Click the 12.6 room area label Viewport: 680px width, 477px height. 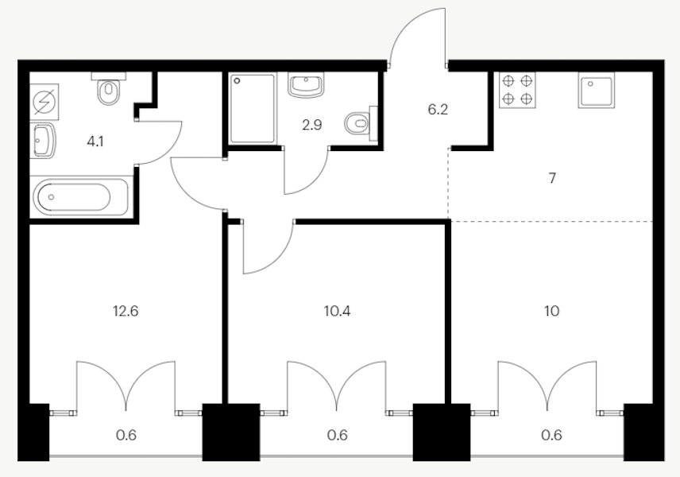(x=127, y=311)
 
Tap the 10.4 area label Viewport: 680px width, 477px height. (x=338, y=311)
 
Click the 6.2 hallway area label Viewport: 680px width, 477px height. (x=438, y=111)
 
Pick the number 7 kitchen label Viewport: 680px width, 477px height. (x=552, y=178)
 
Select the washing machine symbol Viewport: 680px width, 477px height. (x=44, y=103)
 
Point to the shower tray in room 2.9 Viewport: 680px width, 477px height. (x=253, y=109)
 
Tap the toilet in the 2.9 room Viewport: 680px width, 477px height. (x=360, y=122)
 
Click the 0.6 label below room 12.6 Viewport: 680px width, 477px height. (x=127, y=434)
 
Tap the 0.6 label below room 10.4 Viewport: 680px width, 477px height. (x=338, y=434)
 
